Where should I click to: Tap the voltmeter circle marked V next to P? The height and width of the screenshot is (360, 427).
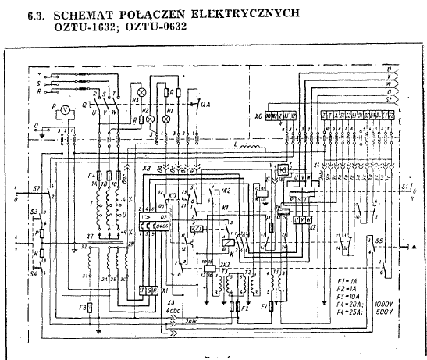(66, 109)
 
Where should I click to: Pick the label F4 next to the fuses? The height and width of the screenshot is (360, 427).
(91, 173)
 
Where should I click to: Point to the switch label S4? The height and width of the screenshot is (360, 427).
(33, 274)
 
